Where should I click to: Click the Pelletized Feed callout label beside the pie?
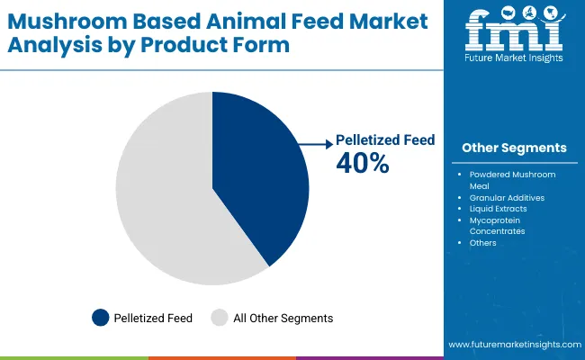(385, 140)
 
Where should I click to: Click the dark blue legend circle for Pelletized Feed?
(101, 318)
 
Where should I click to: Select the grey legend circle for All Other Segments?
(220, 318)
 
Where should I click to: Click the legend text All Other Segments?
(283, 318)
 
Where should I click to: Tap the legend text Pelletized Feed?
(153, 318)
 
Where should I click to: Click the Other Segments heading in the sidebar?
(514, 148)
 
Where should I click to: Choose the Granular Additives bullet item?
(507, 196)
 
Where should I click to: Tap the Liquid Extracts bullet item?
(499, 208)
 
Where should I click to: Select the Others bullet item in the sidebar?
(482, 242)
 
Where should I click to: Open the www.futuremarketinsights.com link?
(514, 345)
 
